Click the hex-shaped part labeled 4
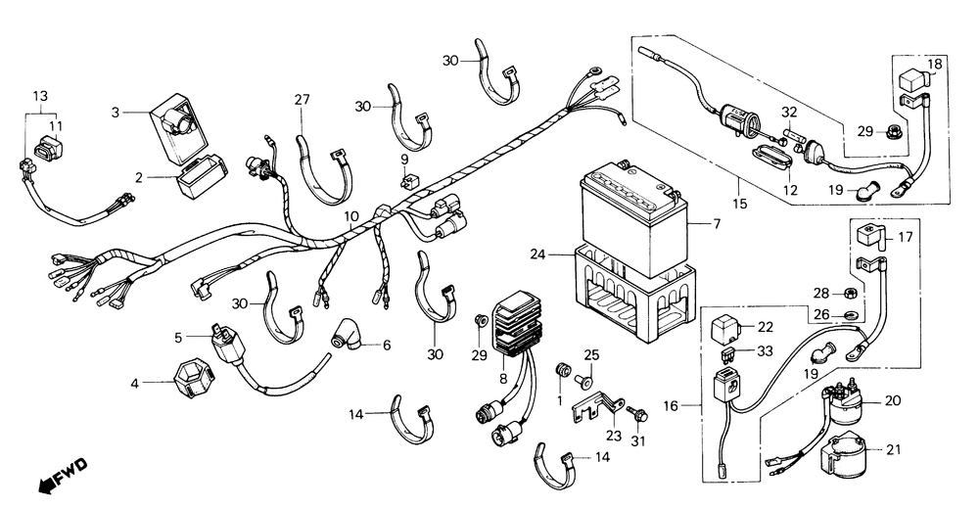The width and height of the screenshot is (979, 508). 194,380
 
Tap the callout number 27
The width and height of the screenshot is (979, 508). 303,99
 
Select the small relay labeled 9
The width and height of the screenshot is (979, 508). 406,180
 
